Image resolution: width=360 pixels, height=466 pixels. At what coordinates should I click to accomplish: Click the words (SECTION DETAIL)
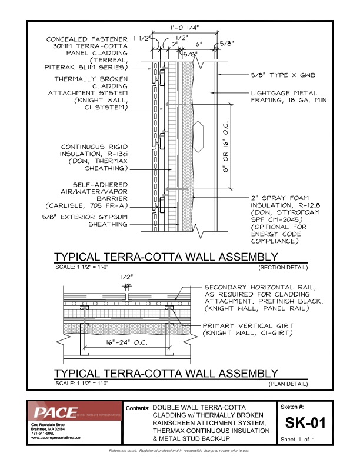click(283, 268)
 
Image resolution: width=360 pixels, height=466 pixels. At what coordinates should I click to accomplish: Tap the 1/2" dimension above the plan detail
click(125, 276)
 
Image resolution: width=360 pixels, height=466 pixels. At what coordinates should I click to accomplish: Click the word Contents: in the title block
click(138, 408)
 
